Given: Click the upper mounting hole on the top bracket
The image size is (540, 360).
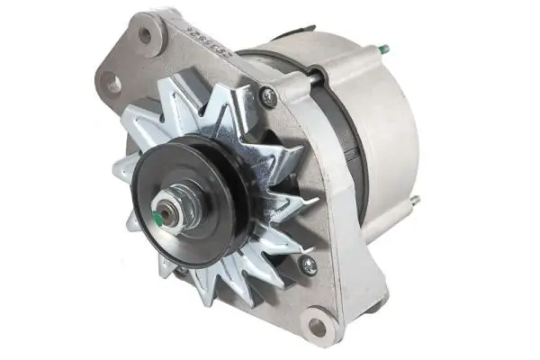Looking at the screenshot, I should click(x=146, y=35).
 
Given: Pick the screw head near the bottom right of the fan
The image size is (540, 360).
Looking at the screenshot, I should click(x=308, y=265).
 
